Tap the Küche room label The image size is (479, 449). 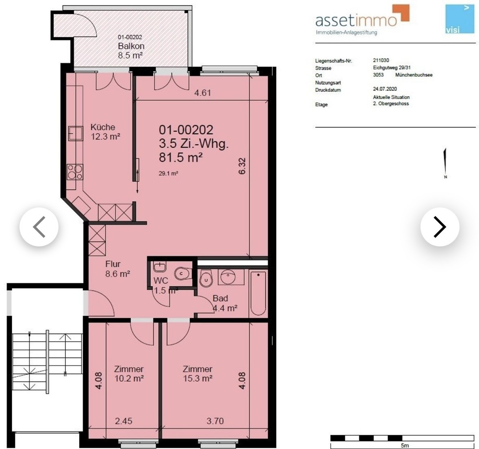pyautogui.click(x=103, y=127)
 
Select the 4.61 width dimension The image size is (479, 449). pyautogui.click(x=203, y=93)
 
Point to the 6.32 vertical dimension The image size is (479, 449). pyautogui.click(x=242, y=166)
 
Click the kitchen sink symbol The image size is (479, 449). pyautogui.click(x=76, y=134)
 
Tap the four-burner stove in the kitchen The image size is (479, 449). pyautogui.click(x=75, y=172)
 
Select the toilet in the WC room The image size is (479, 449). pyautogui.click(x=183, y=274)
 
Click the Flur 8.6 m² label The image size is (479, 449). pyautogui.click(x=117, y=269)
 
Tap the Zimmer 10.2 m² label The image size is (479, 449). pyautogui.click(x=129, y=373)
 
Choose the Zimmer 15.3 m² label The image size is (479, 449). pyautogui.click(x=197, y=373)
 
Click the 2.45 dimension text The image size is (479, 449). pyautogui.click(x=124, y=421)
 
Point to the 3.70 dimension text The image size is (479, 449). pyautogui.click(x=215, y=421)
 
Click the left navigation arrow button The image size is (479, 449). pyautogui.click(x=39, y=227)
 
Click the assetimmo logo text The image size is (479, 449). pyautogui.click(x=356, y=20)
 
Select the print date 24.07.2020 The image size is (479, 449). pyautogui.click(x=385, y=89)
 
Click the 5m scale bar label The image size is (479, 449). pyautogui.click(x=405, y=446)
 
